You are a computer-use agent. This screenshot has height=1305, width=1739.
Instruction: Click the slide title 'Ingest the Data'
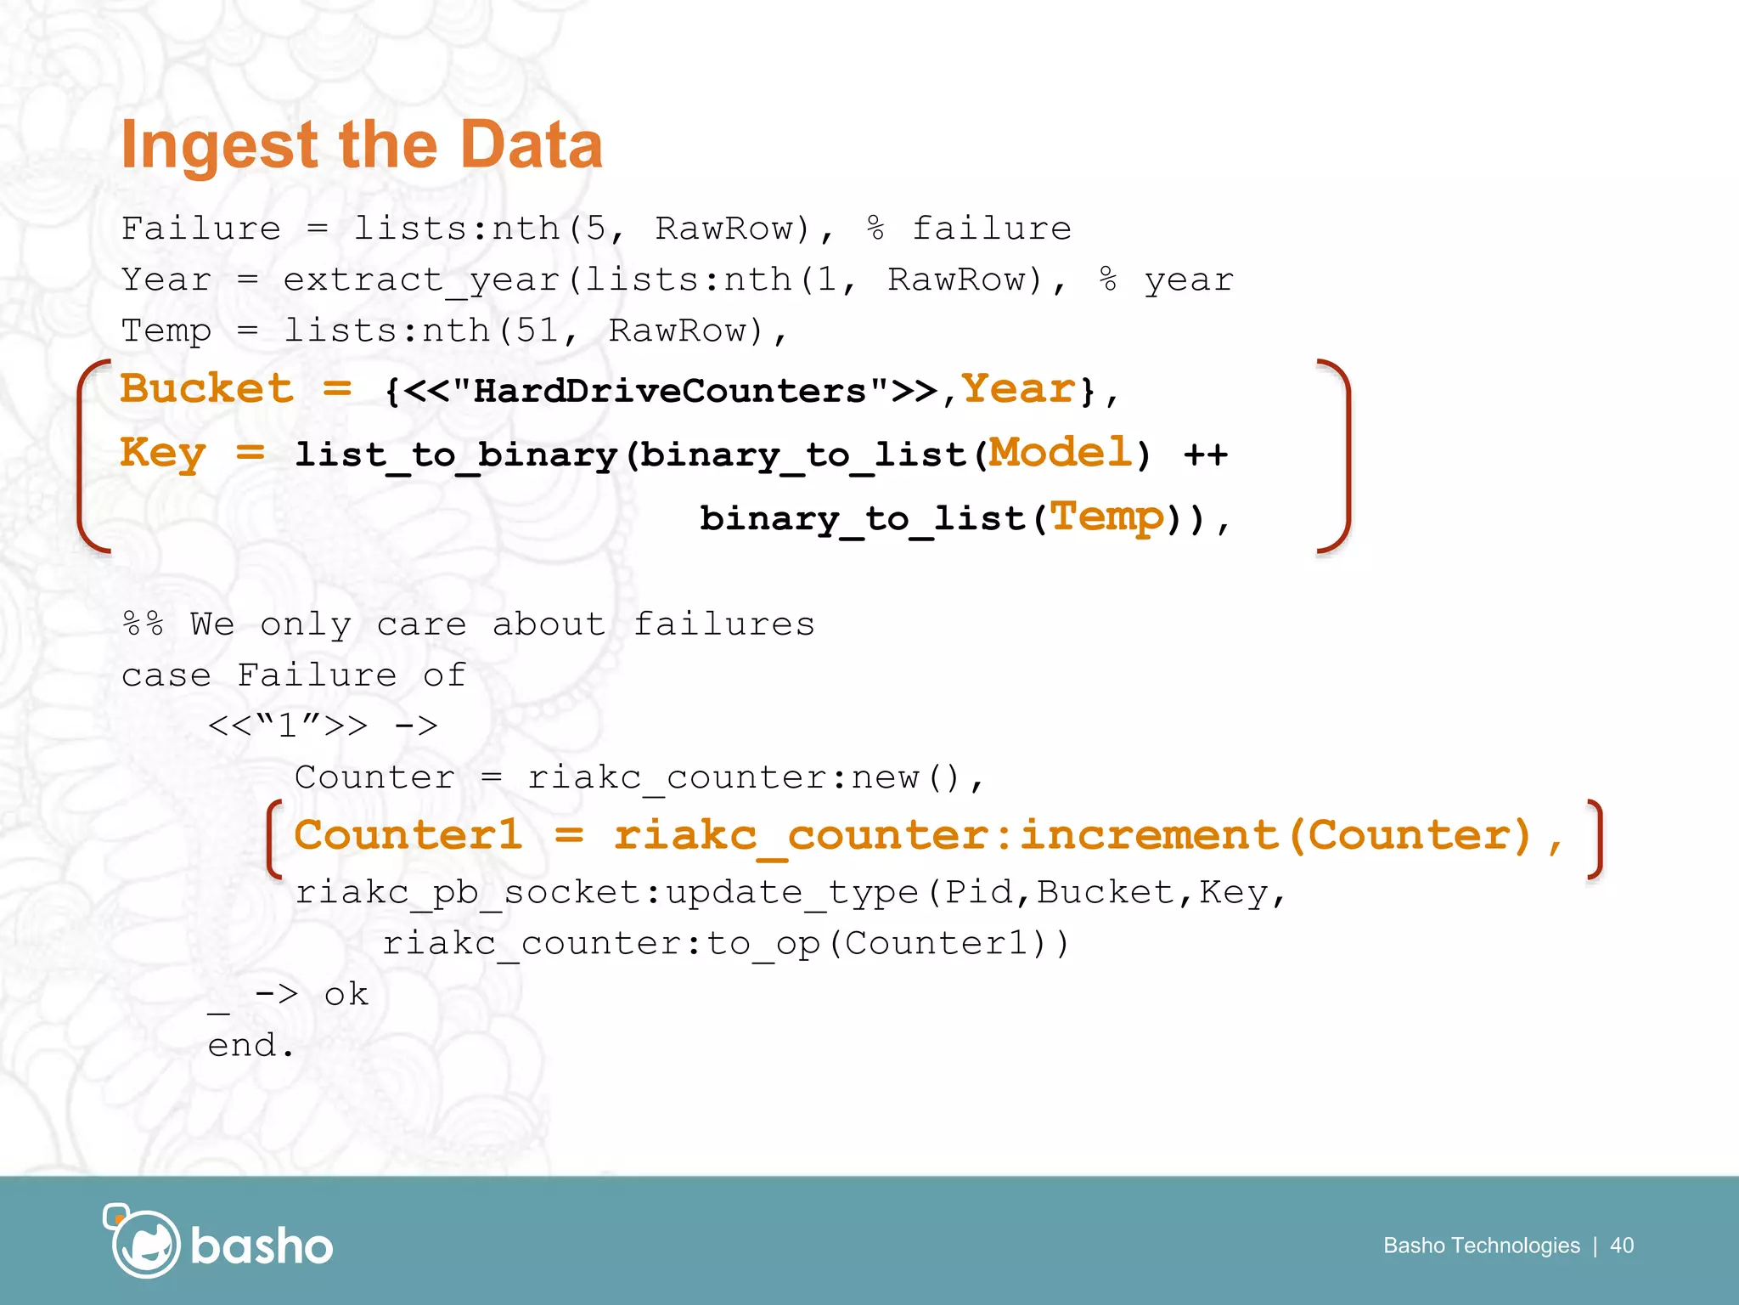[x=362, y=145]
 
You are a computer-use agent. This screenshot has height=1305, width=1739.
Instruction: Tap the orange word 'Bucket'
[x=206, y=389]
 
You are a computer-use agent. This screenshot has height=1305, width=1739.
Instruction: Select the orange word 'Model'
[x=1061, y=452]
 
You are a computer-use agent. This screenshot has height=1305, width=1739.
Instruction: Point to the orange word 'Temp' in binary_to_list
[x=1107, y=517]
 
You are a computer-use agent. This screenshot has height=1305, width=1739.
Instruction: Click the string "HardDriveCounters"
[x=670, y=392]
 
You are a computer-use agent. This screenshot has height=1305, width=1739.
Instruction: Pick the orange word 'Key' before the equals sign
[x=162, y=452]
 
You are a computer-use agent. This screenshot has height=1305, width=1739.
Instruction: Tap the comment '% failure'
[x=969, y=229]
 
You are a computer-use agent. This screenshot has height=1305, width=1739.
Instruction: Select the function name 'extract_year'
[x=421, y=280]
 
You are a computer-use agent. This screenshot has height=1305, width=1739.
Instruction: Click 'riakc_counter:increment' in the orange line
[x=945, y=835]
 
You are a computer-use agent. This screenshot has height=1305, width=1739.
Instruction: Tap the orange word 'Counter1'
[x=408, y=835]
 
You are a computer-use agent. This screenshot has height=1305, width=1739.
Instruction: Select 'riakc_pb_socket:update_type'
[x=606, y=892]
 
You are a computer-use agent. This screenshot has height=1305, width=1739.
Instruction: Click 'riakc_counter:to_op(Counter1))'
[x=726, y=943]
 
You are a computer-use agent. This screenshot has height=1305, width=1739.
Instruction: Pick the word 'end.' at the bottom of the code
[x=250, y=1045]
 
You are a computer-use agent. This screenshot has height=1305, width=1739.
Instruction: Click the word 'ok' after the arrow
[x=346, y=994]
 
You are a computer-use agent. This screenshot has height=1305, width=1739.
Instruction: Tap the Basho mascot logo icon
[x=143, y=1242]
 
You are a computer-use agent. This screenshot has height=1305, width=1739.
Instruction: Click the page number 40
[x=1622, y=1246]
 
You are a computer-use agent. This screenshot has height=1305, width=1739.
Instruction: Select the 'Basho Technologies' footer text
[x=1481, y=1246]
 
